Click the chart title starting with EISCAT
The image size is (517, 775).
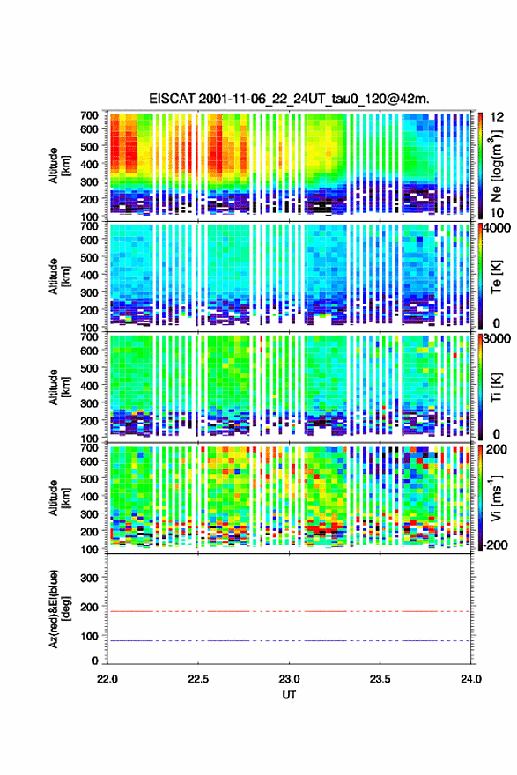coord(289,99)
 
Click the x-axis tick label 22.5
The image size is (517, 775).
coord(198,679)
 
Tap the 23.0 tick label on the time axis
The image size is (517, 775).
coord(289,679)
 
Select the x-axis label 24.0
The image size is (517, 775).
coord(470,679)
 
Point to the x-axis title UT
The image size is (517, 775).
coord(289,695)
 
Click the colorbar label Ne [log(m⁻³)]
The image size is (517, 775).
coord(496,166)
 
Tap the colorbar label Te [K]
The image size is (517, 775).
coord(496,277)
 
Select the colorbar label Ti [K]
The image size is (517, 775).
coord(496,387)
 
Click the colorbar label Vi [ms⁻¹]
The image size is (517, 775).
coord(496,498)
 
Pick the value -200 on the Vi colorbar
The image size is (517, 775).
coord(494,544)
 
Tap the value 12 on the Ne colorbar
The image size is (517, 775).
coord(497,117)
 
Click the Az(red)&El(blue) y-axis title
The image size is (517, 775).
coord(59,609)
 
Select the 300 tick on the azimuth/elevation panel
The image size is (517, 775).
coord(89,578)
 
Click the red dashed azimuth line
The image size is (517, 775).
coord(289,611)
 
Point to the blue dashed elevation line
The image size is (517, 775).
coord(289,640)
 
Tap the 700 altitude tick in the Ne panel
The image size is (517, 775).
coord(89,115)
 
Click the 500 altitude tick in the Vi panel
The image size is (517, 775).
coord(89,478)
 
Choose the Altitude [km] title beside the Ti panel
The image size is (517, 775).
coord(59,387)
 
